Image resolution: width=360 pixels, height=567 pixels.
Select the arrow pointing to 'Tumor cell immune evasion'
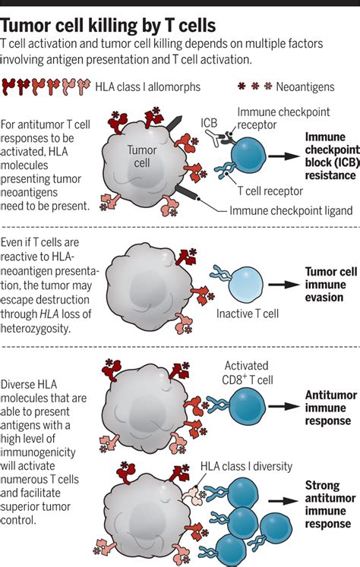point(278,284)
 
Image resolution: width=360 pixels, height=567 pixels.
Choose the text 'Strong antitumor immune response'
point(328,505)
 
